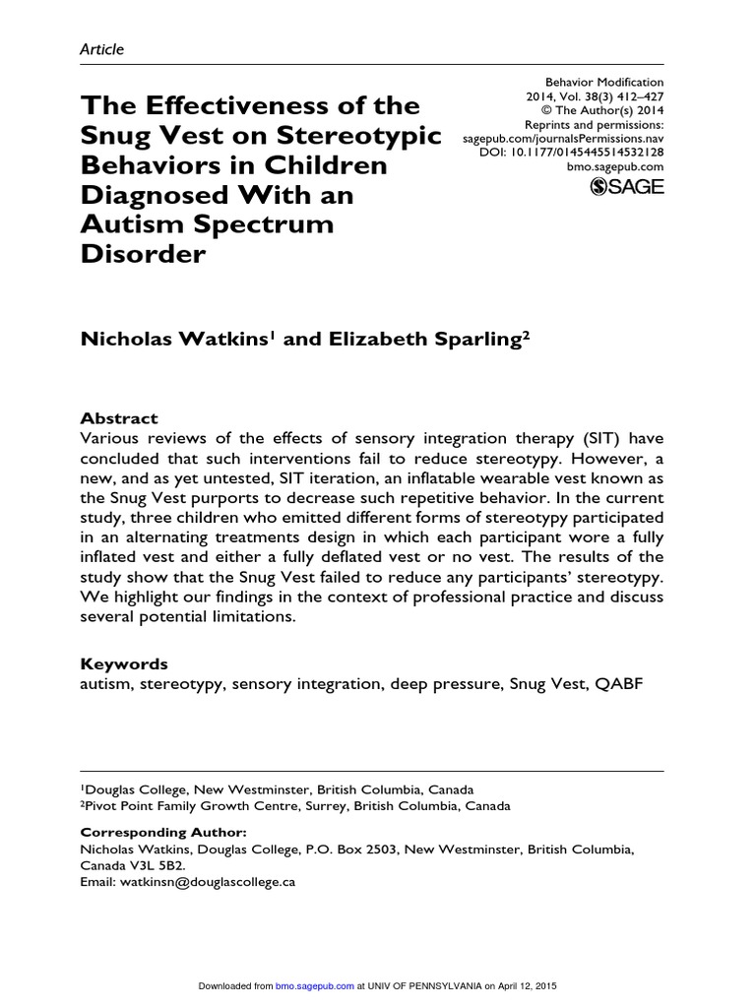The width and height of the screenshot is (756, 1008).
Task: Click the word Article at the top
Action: coord(101,49)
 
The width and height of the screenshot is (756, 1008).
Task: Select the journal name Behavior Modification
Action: coord(604,83)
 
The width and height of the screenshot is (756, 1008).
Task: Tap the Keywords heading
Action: coord(123,663)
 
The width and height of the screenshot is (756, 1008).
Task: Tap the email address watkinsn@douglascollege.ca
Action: coord(205,882)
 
